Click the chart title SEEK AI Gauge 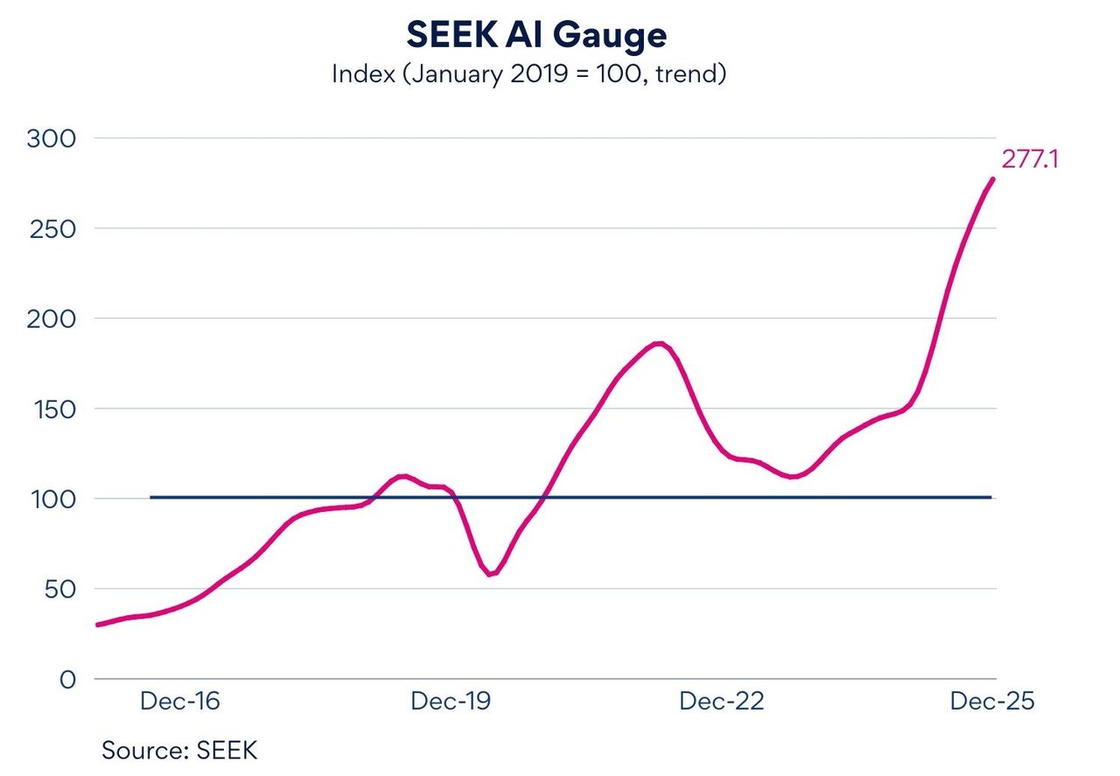[x=536, y=35]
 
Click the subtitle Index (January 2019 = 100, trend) [x=529, y=73]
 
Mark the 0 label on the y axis [x=68, y=679]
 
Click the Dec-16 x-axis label [x=180, y=702]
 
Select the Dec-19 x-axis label [x=451, y=702]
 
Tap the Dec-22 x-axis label [x=722, y=702]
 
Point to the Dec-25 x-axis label [x=992, y=702]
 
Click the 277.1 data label [x=1030, y=160]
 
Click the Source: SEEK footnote [x=179, y=751]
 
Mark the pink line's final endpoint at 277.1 [x=992, y=179]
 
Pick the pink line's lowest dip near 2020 [x=491, y=574]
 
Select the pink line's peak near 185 [x=659, y=344]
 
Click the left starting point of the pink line [x=97, y=625]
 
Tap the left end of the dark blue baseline [x=151, y=498]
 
